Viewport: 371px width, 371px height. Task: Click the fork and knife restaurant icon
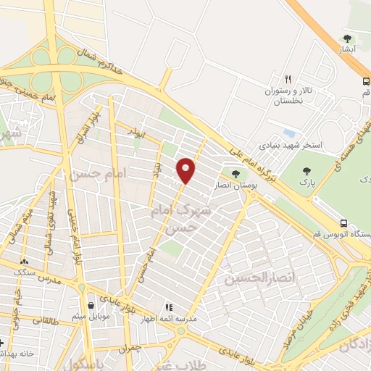tap(288, 79)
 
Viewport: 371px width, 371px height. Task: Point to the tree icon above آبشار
tap(348, 38)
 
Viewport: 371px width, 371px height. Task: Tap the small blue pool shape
tap(290, 134)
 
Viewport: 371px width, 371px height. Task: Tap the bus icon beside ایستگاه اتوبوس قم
tap(344, 223)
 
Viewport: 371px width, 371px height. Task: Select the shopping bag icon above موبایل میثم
tap(91, 305)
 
